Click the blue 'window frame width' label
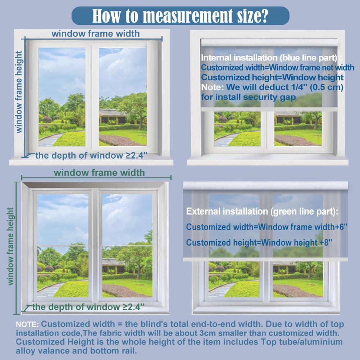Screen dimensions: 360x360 96,33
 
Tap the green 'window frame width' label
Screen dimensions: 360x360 99,173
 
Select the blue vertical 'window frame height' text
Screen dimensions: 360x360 19,92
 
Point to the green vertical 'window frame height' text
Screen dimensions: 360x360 10,246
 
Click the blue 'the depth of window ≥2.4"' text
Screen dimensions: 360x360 91,155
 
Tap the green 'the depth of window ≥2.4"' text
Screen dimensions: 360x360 88,307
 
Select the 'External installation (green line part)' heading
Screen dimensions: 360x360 262,211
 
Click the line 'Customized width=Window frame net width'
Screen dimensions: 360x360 277,68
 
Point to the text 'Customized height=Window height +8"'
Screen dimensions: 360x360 259,242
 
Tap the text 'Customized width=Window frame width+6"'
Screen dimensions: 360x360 267,227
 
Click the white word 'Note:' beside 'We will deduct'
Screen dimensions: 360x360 213,87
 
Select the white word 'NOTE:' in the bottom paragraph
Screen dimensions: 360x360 27,324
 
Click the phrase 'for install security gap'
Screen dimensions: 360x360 249,97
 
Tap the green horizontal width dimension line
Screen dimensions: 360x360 96,177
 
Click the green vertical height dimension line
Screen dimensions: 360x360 16,248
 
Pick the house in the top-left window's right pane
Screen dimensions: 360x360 113,117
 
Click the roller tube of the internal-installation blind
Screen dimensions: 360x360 269,42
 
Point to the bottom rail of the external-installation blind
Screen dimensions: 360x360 265,259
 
